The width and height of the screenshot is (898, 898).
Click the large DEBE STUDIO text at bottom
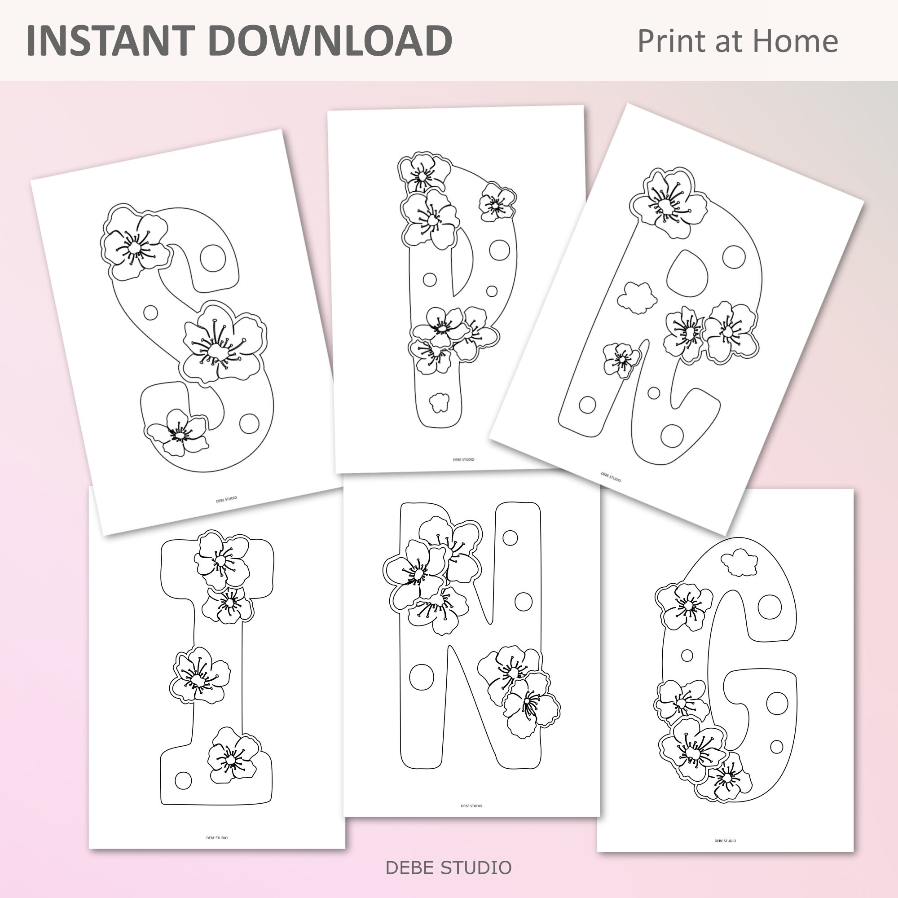click(x=448, y=868)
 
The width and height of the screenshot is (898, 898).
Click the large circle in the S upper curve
click(x=213, y=257)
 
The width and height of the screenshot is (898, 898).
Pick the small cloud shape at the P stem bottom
click(x=439, y=402)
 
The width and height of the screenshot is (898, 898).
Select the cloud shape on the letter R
click(x=637, y=298)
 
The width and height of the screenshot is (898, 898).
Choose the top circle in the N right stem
click(x=510, y=538)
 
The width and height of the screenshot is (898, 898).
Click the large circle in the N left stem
click(x=422, y=677)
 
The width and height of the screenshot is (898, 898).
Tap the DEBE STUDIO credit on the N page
click(x=471, y=806)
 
